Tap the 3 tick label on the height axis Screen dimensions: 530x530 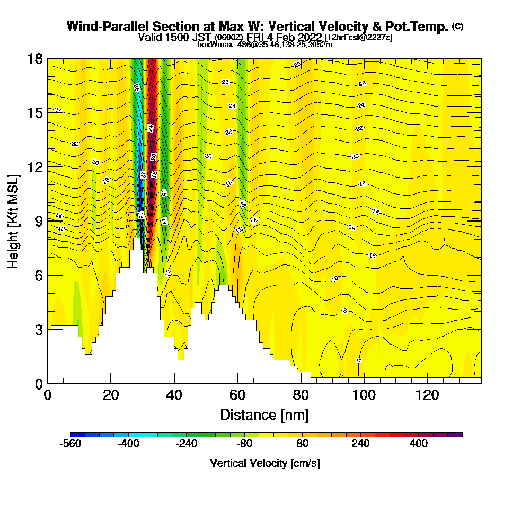coord(39,329)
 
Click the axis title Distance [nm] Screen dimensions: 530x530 coord(264,414)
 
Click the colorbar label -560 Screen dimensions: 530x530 coord(71,444)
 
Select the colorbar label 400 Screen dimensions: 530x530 coord(419,444)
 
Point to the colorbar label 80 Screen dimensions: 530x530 coord(303,444)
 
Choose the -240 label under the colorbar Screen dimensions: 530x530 coord(187,444)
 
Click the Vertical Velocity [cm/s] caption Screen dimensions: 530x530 coord(265,463)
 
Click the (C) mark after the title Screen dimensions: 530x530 coord(457,26)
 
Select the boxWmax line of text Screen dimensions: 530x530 coord(264,45)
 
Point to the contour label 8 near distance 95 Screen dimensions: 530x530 coord(345,311)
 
